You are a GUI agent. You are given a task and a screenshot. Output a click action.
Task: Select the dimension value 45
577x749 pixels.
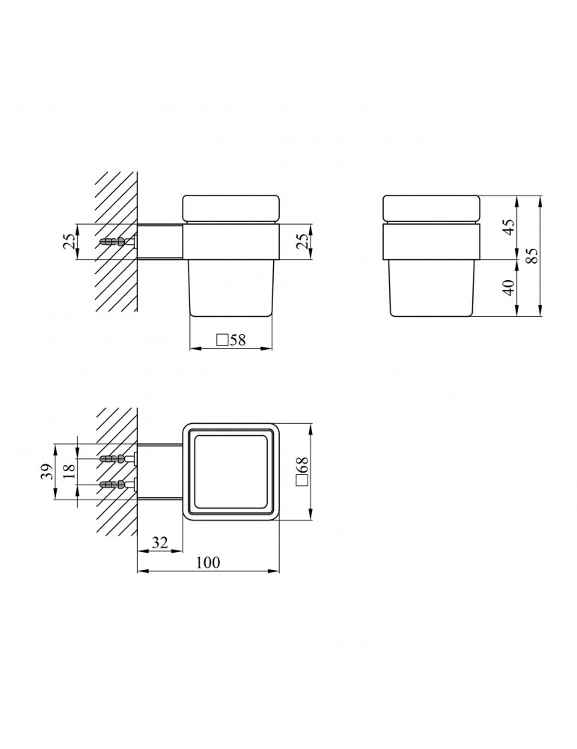pos(509,226)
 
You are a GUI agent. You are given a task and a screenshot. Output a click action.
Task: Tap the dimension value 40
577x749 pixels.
pos(509,287)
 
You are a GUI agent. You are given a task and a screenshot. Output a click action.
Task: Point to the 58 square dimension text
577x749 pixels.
pos(231,340)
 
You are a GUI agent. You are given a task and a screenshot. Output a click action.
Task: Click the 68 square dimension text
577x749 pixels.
pos(302,471)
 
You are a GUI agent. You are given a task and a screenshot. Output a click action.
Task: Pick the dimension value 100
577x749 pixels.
pos(209,562)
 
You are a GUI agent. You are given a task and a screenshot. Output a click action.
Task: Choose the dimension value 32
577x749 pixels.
pos(160,542)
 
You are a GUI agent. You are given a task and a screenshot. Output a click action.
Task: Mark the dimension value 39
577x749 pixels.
pos(46,473)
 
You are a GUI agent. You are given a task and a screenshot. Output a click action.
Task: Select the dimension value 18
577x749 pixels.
pos(69,471)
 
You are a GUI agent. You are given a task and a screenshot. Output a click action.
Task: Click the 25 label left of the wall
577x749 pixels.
pos(69,242)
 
